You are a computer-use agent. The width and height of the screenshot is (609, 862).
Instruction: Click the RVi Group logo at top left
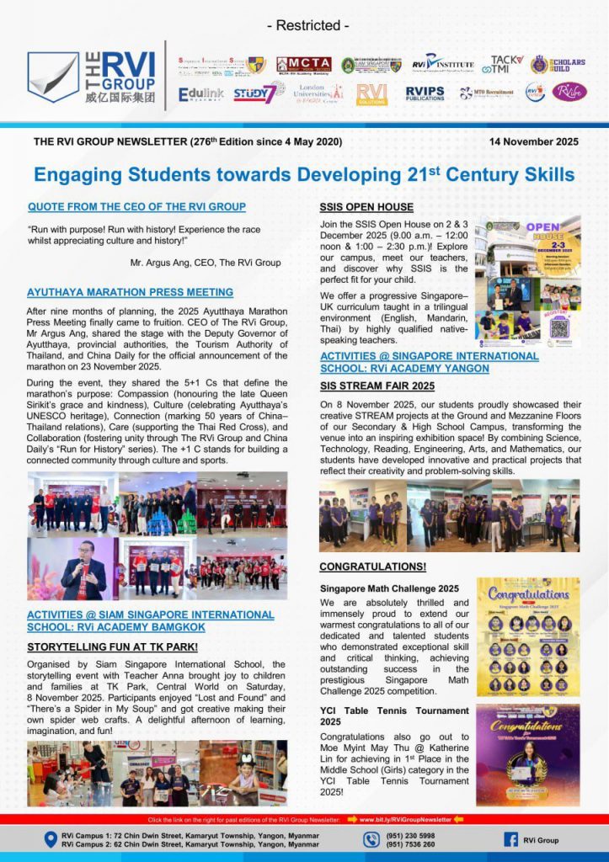point(91,77)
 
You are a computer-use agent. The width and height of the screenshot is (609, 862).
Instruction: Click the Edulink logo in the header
point(200,94)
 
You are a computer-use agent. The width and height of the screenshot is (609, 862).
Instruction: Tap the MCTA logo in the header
point(303,65)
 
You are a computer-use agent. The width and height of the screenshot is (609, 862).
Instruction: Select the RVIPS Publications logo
point(425,93)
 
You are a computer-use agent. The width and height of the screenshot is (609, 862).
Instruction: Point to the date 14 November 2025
point(533,141)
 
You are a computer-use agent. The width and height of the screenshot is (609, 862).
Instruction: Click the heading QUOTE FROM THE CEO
point(136,206)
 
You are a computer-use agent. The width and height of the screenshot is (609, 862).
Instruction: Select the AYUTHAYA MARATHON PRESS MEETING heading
point(130,292)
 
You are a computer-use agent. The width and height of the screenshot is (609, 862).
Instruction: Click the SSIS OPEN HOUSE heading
point(366,206)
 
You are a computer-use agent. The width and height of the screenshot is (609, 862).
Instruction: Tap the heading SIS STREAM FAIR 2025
point(377,386)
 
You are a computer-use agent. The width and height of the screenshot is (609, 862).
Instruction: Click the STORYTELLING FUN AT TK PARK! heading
point(112,646)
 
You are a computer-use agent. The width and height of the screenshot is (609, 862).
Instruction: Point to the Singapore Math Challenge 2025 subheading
point(389,588)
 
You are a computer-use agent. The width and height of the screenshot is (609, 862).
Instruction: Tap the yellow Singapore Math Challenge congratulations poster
point(528,636)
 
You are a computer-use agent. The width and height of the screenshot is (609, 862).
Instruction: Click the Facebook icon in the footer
point(510,839)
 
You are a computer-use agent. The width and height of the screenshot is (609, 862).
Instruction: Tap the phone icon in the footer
point(371,839)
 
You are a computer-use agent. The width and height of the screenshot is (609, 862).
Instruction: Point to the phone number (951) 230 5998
point(413,834)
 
